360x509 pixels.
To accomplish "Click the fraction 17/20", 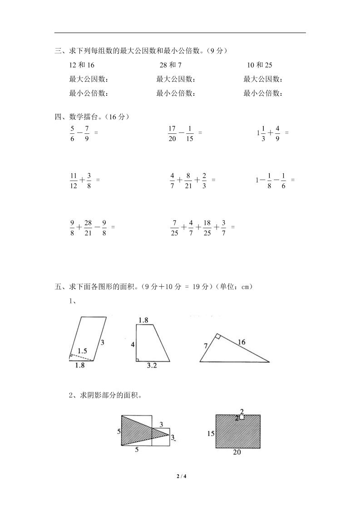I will click(x=172, y=133).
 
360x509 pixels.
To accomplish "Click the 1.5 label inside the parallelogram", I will click(x=82, y=350).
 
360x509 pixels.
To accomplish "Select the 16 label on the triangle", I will click(x=242, y=342).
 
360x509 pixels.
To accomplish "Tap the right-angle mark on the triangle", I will click(x=218, y=337).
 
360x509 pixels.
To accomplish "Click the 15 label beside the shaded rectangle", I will click(x=210, y=433).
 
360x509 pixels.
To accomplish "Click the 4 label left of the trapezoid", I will click(x=133, y=345).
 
